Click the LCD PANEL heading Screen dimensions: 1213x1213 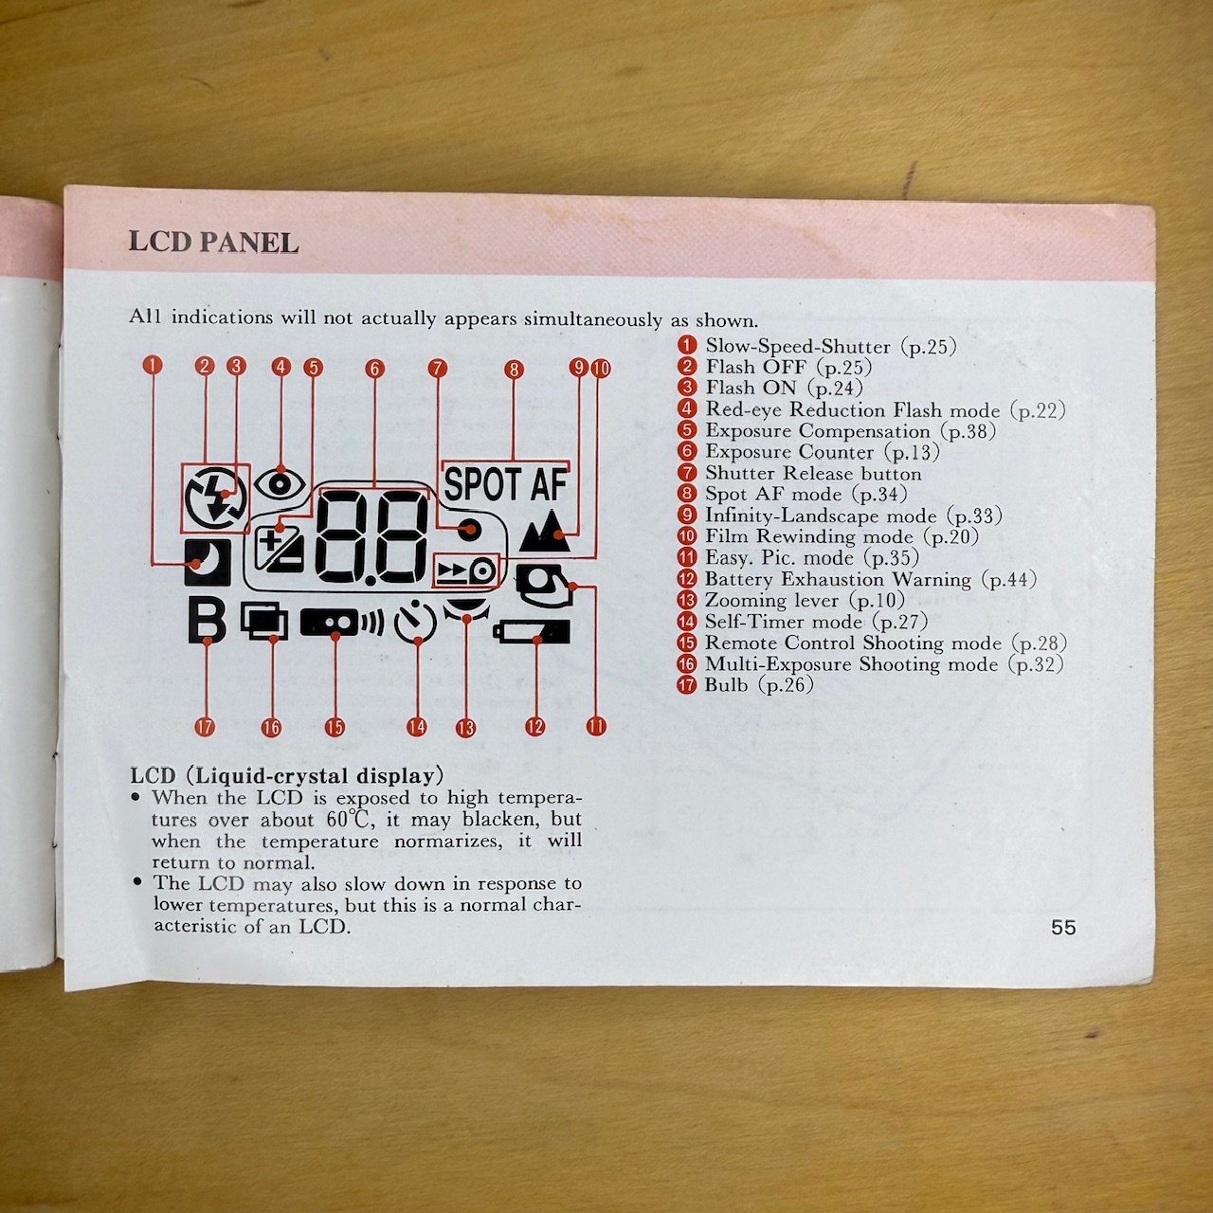[x=213, y=243]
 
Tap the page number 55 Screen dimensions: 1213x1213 [x=1063, y=927]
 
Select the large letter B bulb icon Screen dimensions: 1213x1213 [x=207, y=621]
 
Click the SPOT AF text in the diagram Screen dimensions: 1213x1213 [x=505, y=484]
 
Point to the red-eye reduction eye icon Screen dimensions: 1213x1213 [x=281, y=484]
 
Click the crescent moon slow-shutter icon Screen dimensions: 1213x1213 [x=208, y=563]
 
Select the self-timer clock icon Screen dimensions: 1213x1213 [x=415, y=622]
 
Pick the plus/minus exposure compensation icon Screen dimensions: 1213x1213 [x=281, y=549]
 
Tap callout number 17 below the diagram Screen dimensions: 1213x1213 [x=205, y=727]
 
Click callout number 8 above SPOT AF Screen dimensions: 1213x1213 [x=514, y=370]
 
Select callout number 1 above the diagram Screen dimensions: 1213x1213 [x=153, y=365]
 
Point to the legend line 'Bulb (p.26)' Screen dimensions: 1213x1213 [x=758, y=685]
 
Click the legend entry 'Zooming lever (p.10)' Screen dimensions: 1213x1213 [x=805, y=600]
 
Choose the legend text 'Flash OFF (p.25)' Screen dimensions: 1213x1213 [x=788, y=367]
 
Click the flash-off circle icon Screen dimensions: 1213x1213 [x=216, y=498]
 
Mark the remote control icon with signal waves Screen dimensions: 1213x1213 [x=342, y=622]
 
